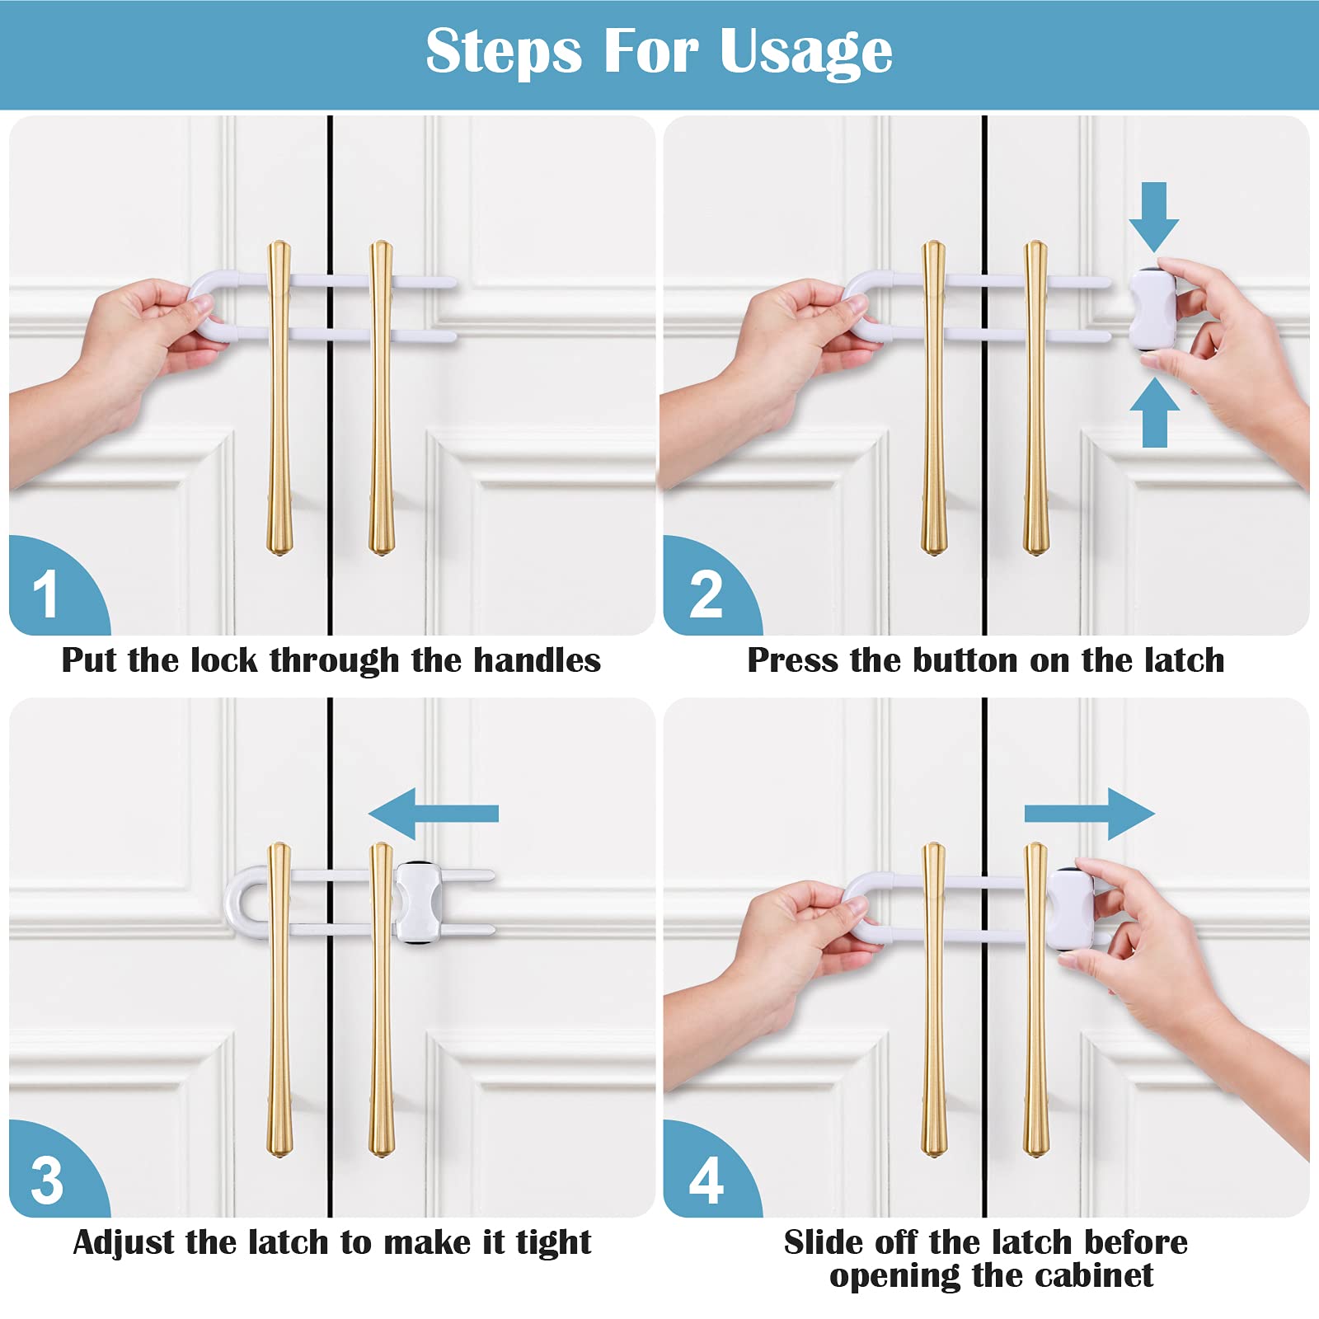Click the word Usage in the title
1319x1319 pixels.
coord(805,52)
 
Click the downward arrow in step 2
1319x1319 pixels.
coord(1154,217)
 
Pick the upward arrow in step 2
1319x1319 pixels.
coord(1154,412)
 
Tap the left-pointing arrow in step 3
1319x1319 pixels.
coord(434,814)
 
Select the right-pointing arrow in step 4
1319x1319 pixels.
coord(1090,814)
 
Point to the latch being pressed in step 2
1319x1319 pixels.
coord(1152,309)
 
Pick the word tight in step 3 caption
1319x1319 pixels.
coord(554,1243)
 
